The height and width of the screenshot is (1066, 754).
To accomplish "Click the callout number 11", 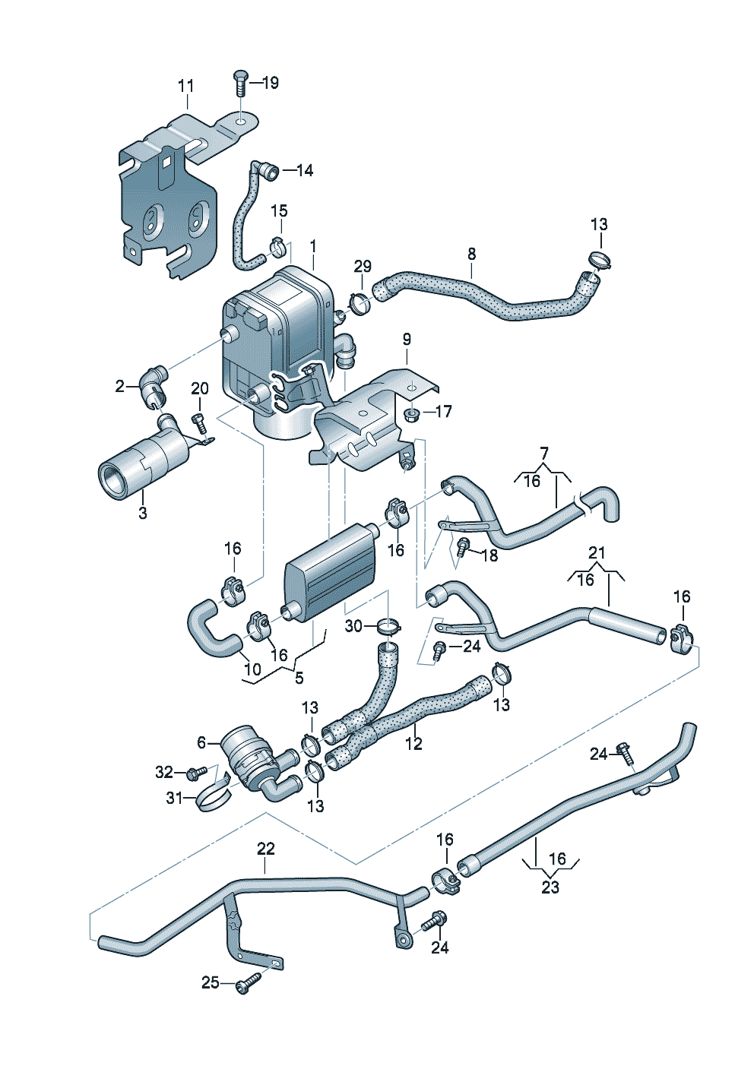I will tap(186, 86).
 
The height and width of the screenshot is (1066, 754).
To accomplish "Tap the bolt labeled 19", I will tap(240, 81).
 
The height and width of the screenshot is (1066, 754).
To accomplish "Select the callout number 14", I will tap(304, 170).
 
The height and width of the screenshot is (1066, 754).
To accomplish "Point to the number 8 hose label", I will tap(472, 252).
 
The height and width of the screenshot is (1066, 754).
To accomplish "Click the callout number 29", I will tap(363, 266).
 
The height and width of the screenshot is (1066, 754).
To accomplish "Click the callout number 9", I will tap(407, 338).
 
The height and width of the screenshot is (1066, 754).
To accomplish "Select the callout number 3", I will tap(143, 513).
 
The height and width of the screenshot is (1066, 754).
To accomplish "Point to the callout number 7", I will tap(543, 454).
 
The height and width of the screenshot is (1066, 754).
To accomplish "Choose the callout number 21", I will tap(597, 552).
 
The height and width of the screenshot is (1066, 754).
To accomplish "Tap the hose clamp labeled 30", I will tap(388, 627).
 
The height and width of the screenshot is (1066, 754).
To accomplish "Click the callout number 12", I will tap(413, 744).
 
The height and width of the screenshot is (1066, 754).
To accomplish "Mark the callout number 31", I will tap(175, 798).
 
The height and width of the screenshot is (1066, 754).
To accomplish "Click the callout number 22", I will tap(265, 848).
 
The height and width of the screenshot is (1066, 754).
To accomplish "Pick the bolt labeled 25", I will tap(246, 985).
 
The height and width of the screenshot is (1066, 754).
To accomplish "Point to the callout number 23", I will tap(550, 887).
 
